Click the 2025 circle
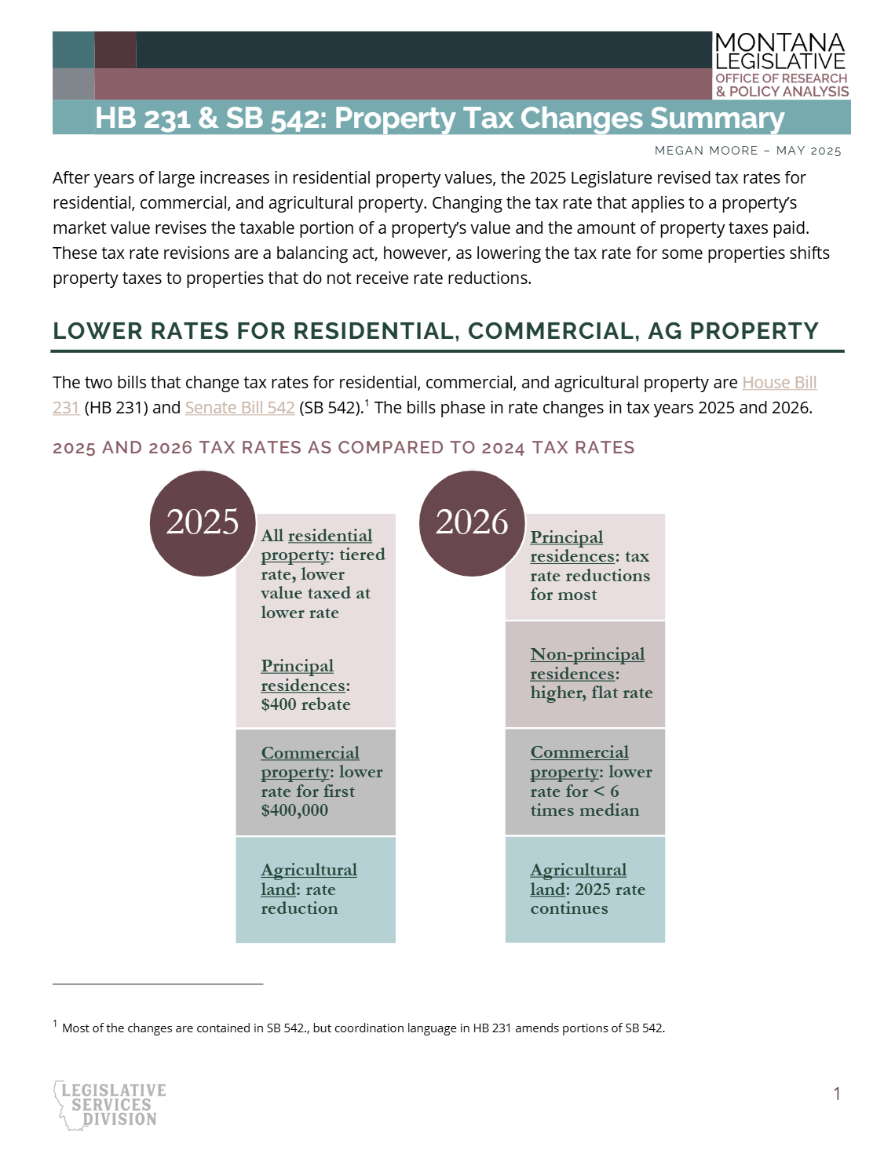click(203, 523)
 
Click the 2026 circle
click(472, 523)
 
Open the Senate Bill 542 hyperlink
click(239, 407)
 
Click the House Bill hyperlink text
click(779, 382)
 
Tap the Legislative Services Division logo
click(110, 1105)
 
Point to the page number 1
click(837, 1093)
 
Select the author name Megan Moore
click(706, 151)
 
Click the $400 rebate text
click(306, 704)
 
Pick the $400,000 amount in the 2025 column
click(294, 810)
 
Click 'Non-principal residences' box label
click(587, 664)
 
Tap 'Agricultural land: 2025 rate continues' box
click(585, 890)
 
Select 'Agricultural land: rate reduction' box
click(316, 890)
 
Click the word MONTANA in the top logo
click(780, 42)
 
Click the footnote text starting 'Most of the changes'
click(363, 1028)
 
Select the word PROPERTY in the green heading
click(754, 331)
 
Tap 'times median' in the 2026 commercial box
click(584, 810)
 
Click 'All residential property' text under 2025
click(316, 544)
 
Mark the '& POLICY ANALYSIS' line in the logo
click(782, 91)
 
